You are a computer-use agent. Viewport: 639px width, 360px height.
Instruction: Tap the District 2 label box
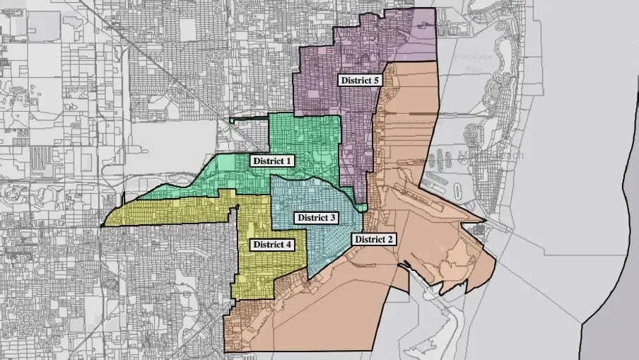click(375, 239)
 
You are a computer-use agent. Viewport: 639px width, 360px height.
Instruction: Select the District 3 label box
click(316, 217)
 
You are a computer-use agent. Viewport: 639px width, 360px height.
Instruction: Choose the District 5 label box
click(360, 81)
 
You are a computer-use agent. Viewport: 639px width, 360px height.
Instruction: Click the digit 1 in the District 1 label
click(288, 161)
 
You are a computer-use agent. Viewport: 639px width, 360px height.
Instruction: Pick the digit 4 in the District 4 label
click(289, 245)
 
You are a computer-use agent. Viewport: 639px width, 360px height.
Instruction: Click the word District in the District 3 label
click(311, 217)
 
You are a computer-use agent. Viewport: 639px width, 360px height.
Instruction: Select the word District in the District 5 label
click(356, 81)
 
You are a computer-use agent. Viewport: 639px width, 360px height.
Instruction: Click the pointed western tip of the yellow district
click(102, 226)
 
